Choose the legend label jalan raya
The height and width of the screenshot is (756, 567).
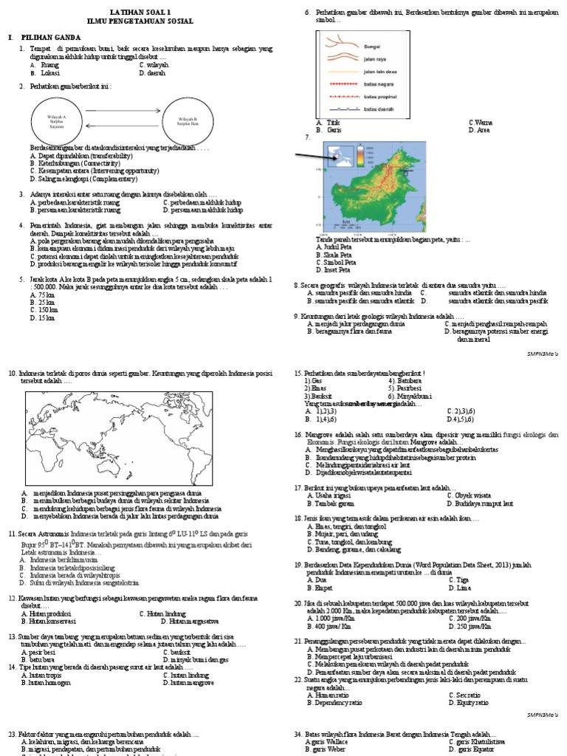(x=375, y=59)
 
